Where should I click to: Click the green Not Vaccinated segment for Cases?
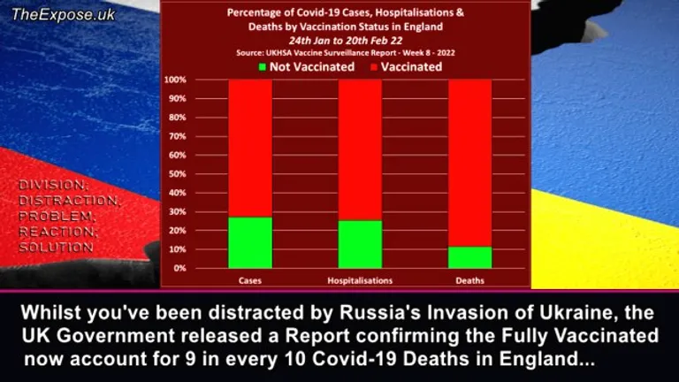pos(250,242)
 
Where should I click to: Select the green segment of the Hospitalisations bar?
pos(360,244)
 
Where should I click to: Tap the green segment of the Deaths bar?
pos(469,257)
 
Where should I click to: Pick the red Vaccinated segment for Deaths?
pos(469,163)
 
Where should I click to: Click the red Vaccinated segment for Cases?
pos(250,148)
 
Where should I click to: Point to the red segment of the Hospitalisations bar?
pos(360,149)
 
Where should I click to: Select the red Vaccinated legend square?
pos(374,66)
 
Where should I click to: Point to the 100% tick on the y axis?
pos(175,80)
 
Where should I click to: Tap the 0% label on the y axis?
pos(179,268)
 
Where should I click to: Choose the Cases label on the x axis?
pos(250,280)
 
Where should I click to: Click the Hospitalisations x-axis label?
pos(359,280)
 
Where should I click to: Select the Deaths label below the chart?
pos(469,280)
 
